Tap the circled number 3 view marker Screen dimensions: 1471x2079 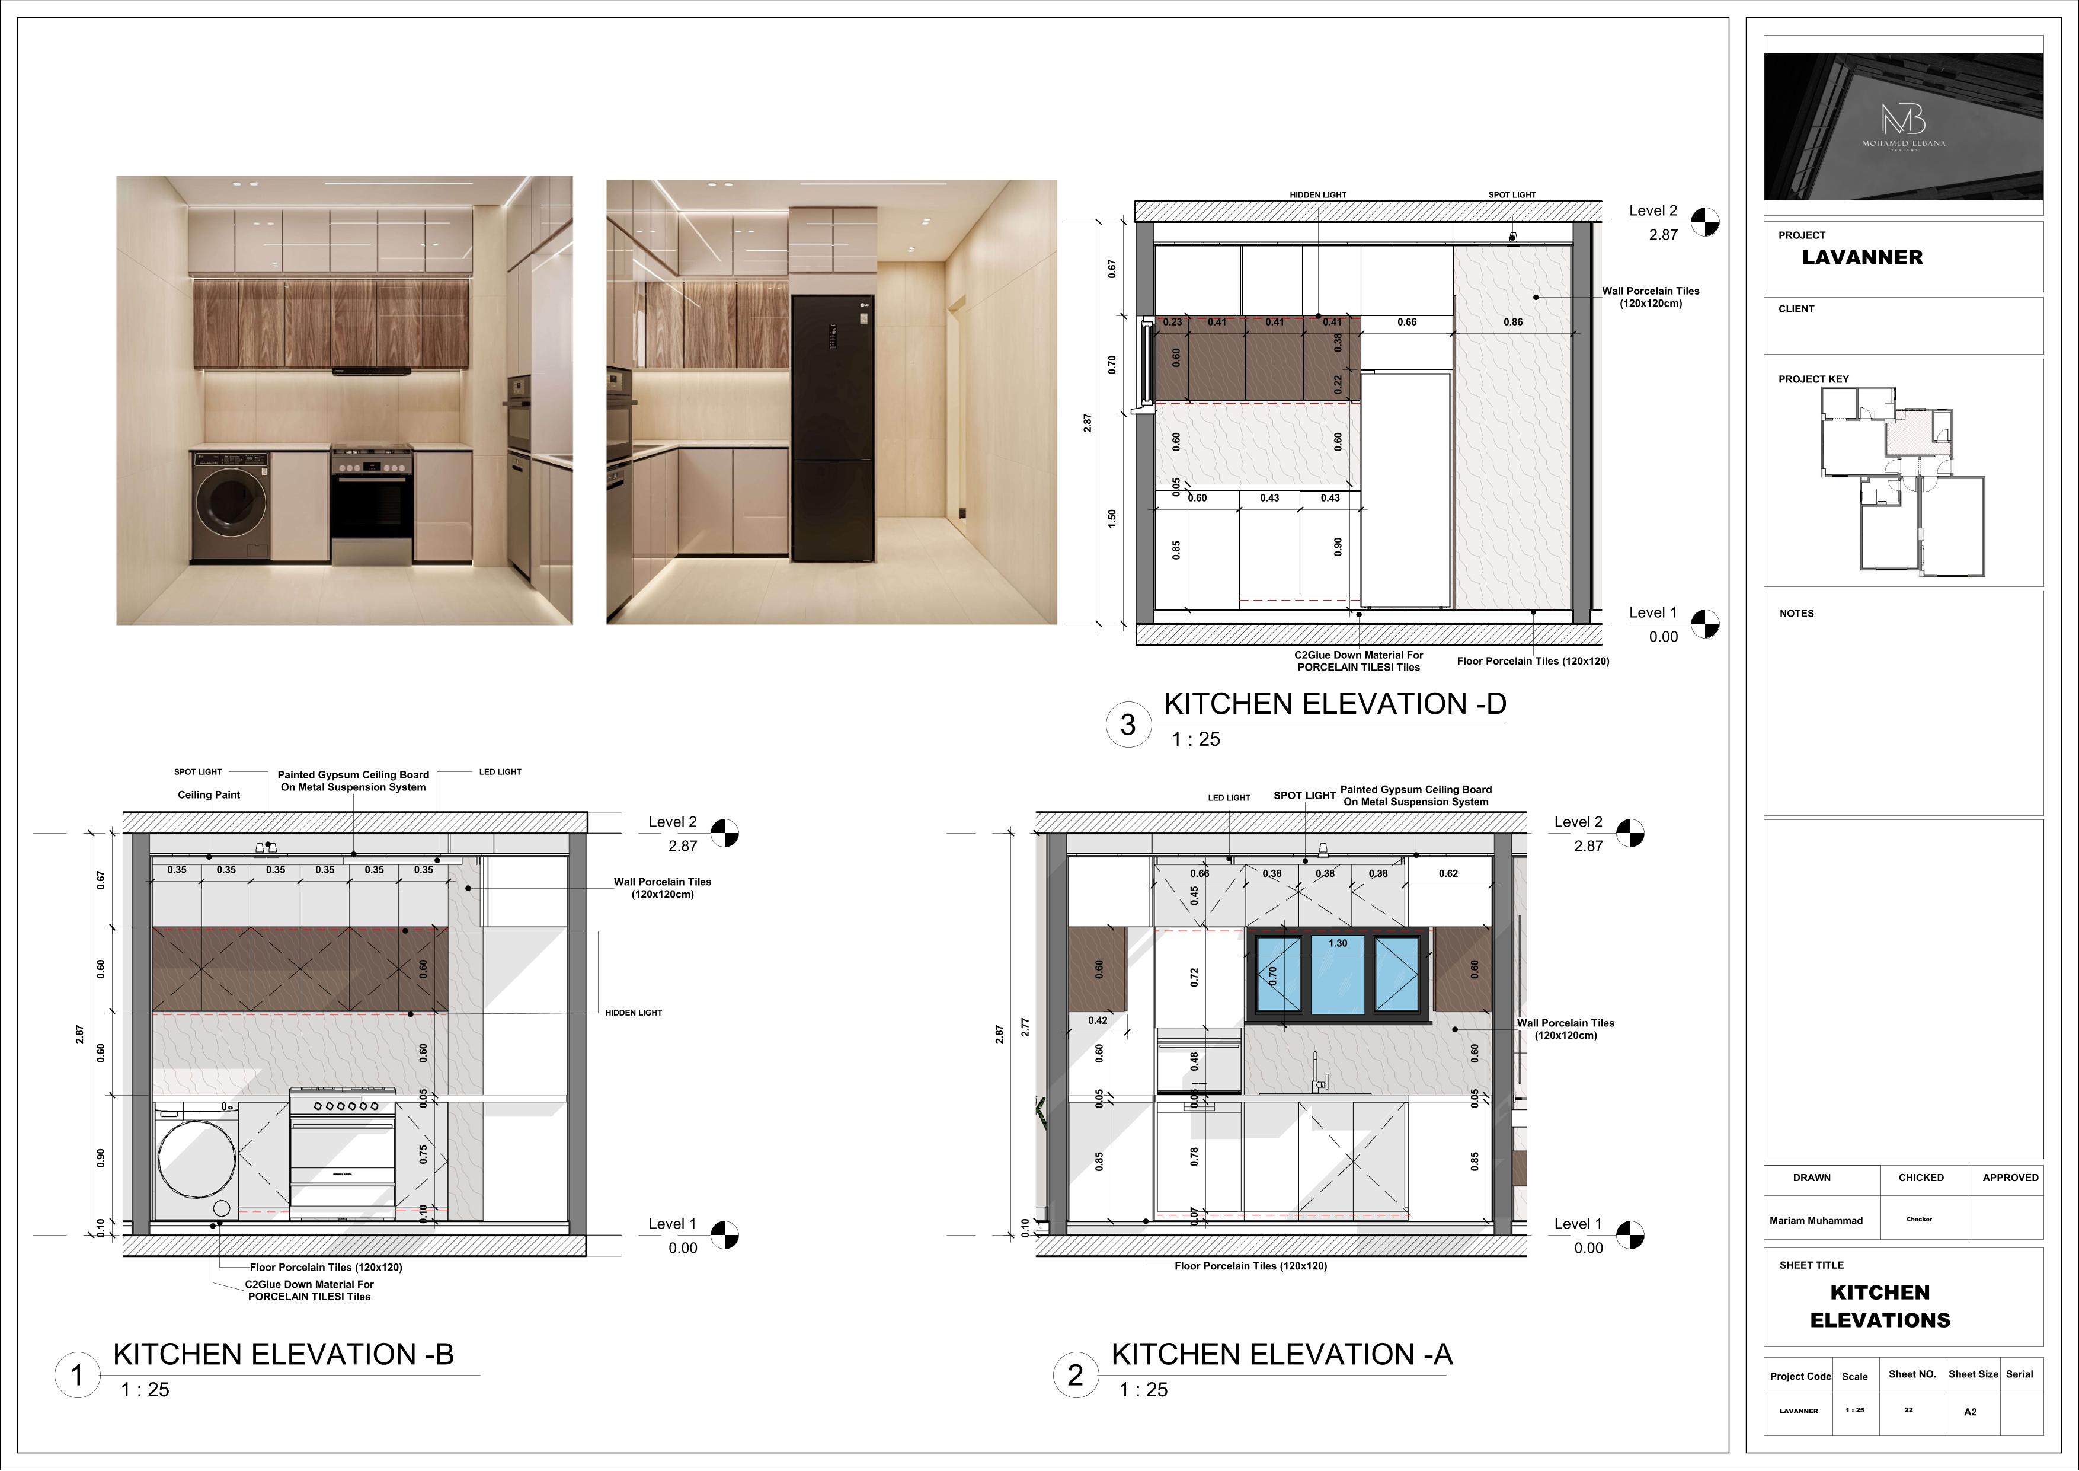coord(1127,725)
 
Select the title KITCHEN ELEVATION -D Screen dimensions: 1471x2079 coord(1335,704)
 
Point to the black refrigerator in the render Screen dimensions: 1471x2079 coord(832,427)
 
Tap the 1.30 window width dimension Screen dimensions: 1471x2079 coord(1338,943)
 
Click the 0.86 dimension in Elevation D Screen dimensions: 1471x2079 coord(1512,321)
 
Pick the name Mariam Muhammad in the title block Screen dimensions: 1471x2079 coord(1815,1220)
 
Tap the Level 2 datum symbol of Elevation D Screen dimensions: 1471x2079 coord(1705,222)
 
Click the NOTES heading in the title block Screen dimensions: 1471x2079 coord(1796,613)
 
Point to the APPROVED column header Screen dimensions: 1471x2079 coord(2010,1178)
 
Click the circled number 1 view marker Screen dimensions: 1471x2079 coord(77,1375)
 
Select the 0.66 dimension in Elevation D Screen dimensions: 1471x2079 coord(1406,321)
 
